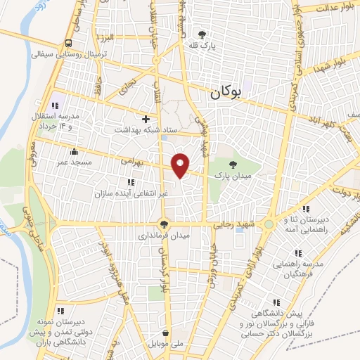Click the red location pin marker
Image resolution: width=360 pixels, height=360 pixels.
181,165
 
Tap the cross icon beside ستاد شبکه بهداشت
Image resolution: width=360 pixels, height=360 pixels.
146,119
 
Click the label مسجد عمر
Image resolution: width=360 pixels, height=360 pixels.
74,164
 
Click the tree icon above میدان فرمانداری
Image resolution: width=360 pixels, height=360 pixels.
165,224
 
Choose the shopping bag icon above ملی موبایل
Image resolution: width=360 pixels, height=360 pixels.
165,333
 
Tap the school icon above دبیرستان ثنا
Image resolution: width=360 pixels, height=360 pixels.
305,209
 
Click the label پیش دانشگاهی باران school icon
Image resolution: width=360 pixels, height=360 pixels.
60,310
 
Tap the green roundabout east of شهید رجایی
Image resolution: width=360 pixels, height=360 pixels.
269,225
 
